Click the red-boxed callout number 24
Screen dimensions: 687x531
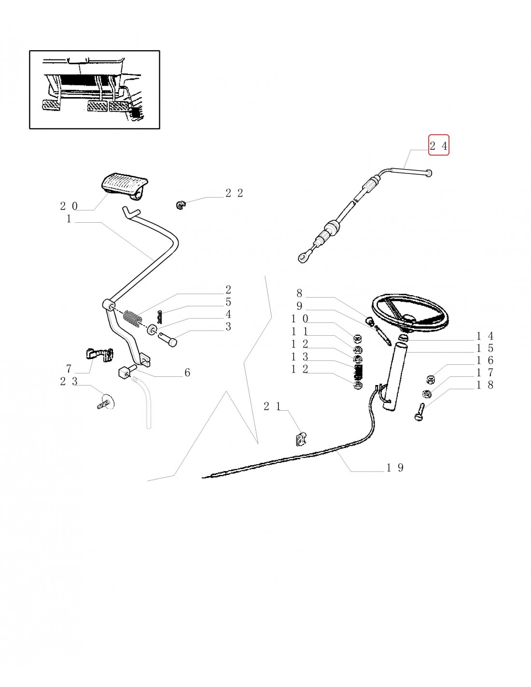coord(439,144)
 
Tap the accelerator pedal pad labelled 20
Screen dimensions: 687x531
coord(124,188)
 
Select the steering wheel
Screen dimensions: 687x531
coord(411,314)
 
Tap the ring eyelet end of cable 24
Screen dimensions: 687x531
coord(303,257)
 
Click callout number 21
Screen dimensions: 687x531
coord(272,407)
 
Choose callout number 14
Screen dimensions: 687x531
coord(485,336)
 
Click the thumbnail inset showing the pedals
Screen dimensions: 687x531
coord(95,89)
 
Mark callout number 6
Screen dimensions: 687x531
coord(187,372)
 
